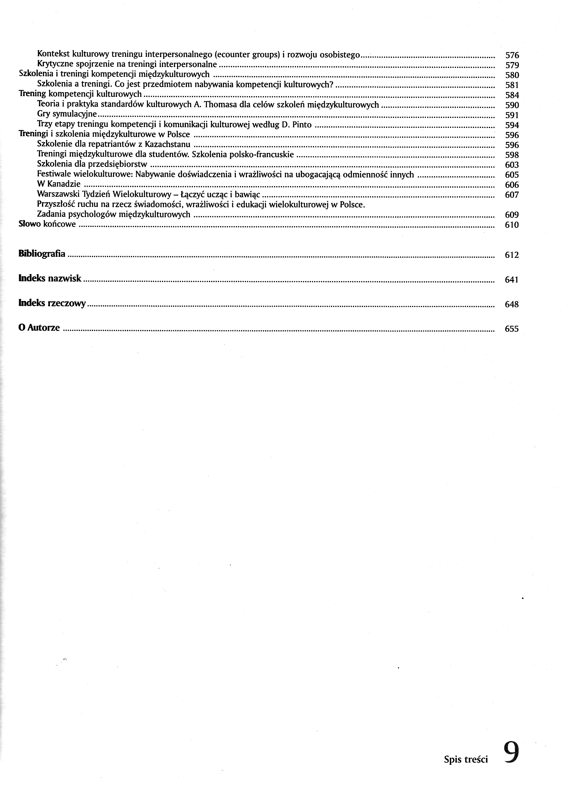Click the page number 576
(x=512, y=55)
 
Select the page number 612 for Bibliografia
(x=512, y=255)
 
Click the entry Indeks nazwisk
(x=50, y=278)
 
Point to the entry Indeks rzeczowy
(x=52, y=303)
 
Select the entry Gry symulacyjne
(x=67, y=114)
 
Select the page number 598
(x=512, y=155)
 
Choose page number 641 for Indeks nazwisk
(x=512, y=280)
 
